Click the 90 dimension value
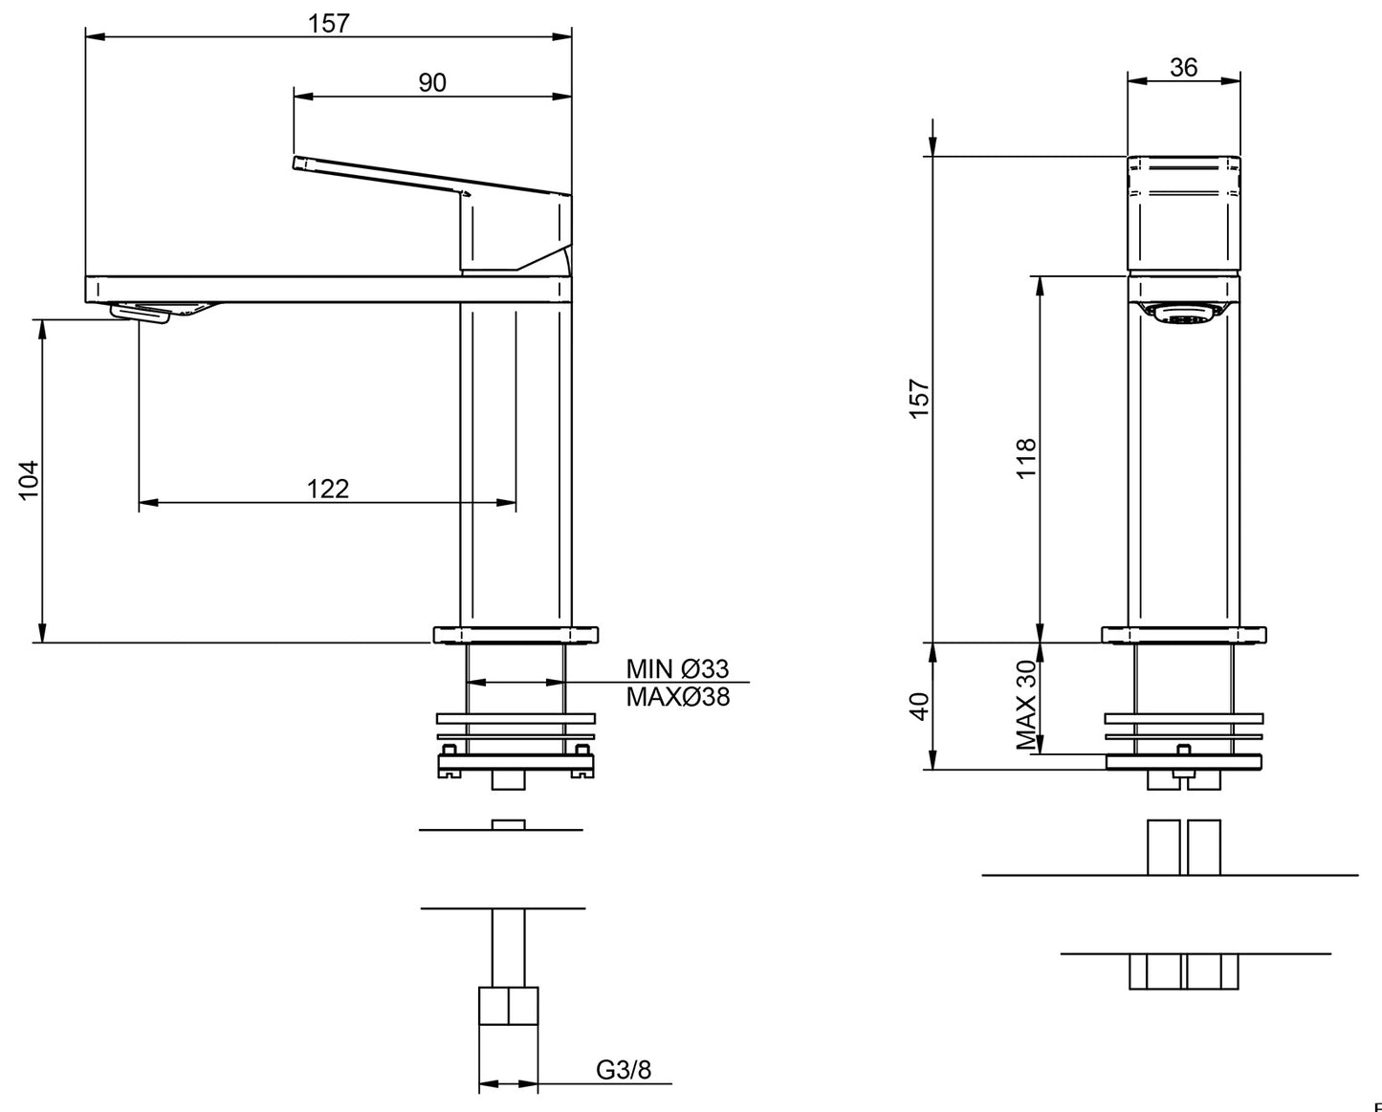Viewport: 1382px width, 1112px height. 432,82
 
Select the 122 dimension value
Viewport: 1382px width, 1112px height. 328,489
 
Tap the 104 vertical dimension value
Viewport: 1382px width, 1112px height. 28,480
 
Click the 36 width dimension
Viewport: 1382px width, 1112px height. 1183,67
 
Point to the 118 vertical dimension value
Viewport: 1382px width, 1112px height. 1025,458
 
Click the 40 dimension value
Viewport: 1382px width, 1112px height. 918,707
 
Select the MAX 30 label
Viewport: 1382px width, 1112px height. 1025,705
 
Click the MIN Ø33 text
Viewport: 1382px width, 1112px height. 677,667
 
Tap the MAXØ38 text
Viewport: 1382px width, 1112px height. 677,697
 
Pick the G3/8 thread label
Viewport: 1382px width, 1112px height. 624,1069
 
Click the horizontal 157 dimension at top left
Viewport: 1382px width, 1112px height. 328,24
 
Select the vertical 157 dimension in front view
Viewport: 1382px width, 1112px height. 918,399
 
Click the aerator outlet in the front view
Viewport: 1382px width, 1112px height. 1183,315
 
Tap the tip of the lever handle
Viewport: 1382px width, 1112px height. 298,164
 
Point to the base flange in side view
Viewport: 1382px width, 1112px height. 516,635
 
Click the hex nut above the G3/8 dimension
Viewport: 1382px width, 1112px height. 508,1006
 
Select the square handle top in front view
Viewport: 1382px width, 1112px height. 1184,212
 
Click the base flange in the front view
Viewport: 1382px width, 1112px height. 1184,635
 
